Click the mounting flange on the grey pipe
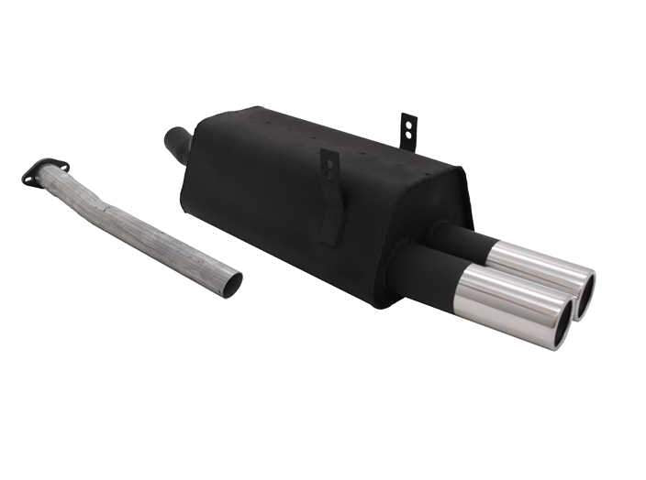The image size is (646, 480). click(46, 171)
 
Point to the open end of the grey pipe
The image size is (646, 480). click(231, 284)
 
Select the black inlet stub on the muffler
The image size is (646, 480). click(177, 145)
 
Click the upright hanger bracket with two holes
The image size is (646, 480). click(408, 130)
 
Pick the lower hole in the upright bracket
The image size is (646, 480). click(407, 136)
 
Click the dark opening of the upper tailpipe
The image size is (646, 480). click(585, 296)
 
